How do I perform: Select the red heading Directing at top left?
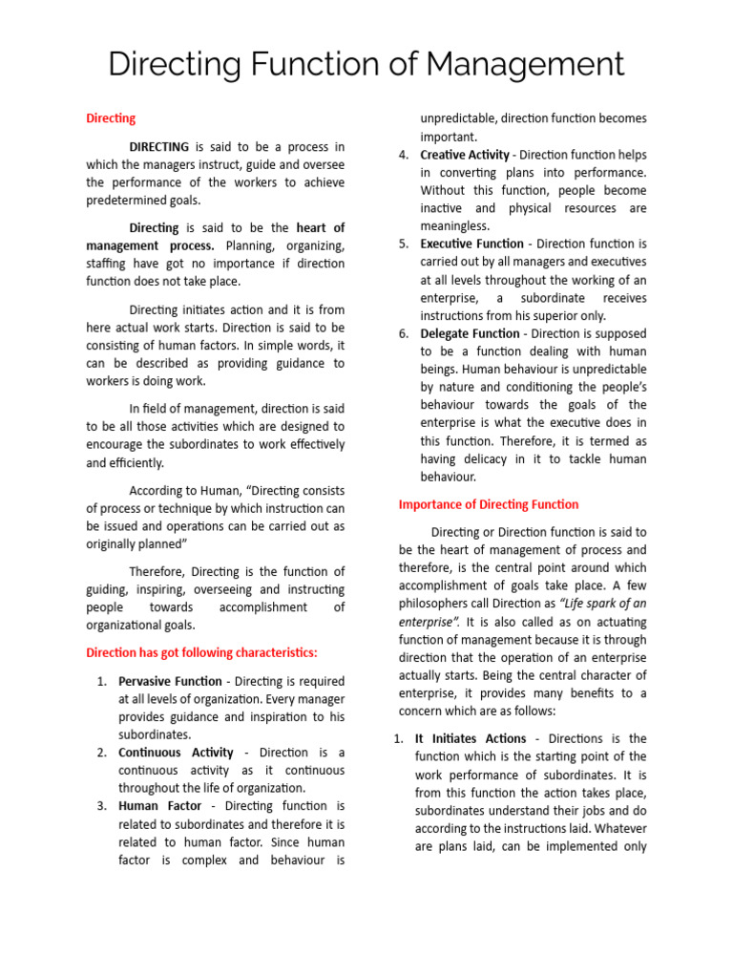[x=111, y=118]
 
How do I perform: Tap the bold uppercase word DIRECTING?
[x=159, y=147]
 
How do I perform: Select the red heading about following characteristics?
[x=201, y=653]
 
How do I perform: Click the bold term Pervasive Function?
[x=169, y=682]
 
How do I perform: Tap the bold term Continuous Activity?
[x=176, y=753]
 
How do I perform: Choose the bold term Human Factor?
[x=159, y=806]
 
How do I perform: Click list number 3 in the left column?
[x=101, y=806]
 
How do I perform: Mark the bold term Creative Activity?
[x=466, y=155]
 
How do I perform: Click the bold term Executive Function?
[x=471, y=244]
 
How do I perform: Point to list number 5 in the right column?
[x=404, y=244]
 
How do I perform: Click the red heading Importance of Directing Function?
[x=488, y=504]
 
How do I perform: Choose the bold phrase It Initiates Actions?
[x=471, y=738]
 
